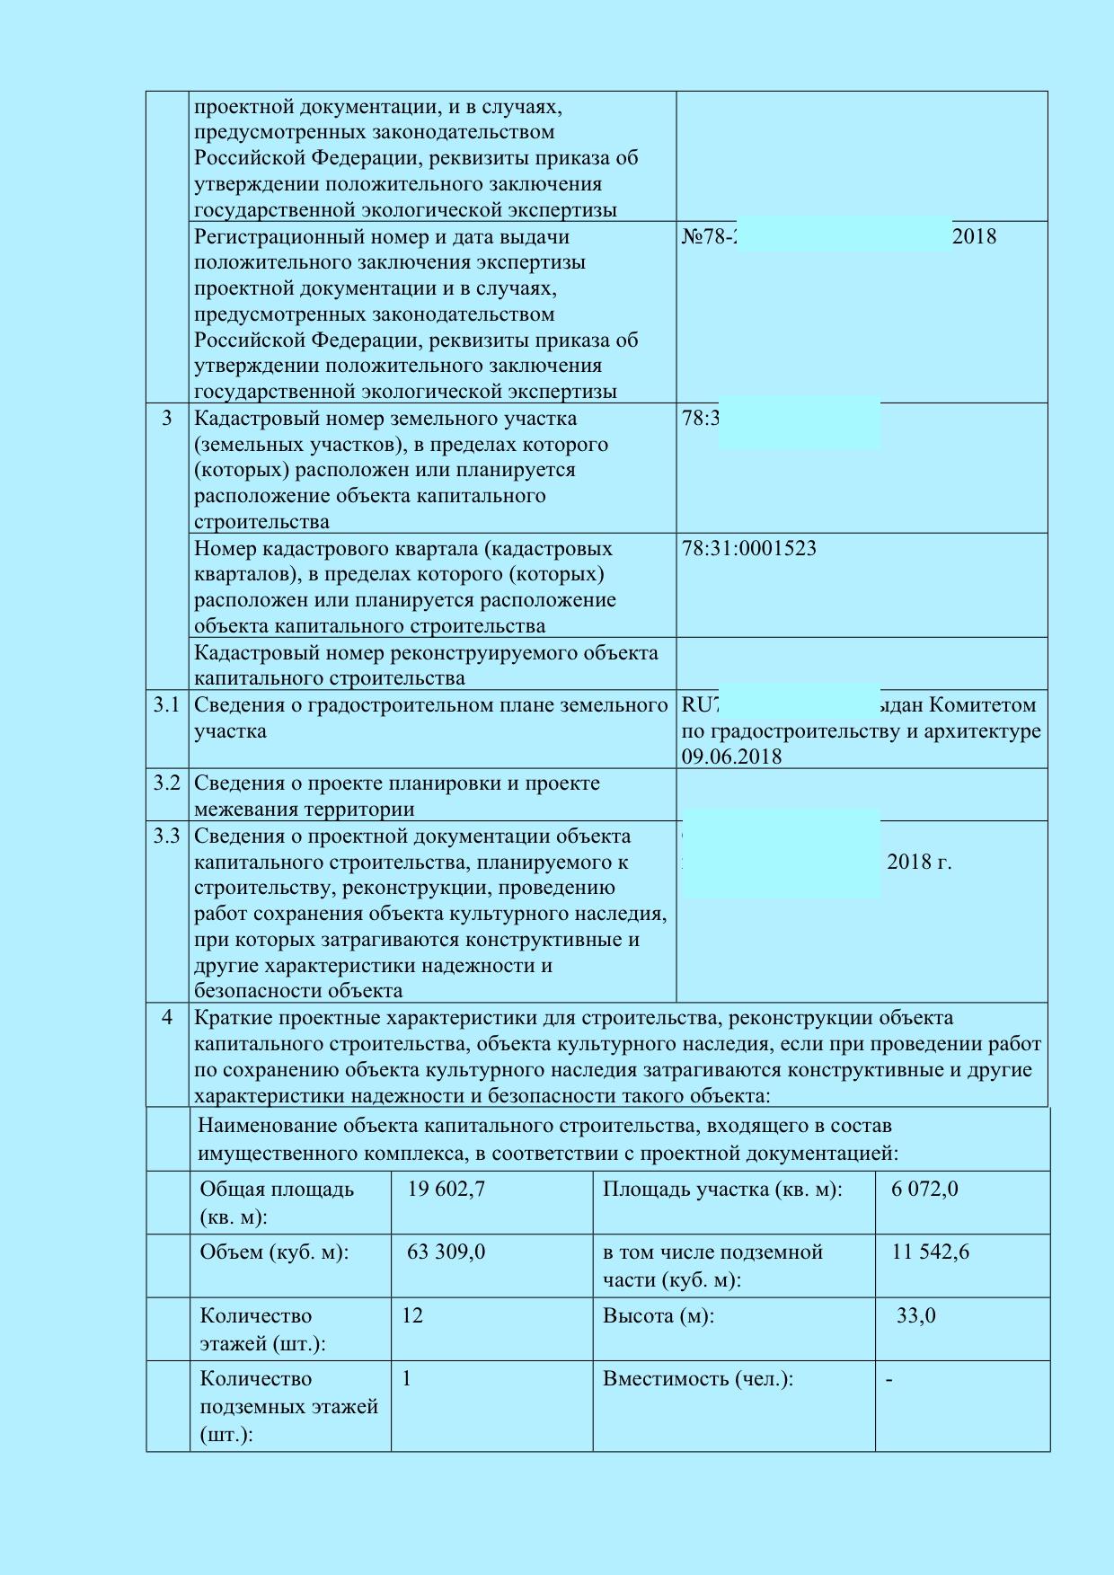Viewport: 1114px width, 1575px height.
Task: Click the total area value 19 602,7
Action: pos(446,1190)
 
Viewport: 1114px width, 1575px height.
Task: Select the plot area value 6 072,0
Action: pos(924,1190)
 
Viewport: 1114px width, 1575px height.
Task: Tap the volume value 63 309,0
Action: pos(446,1252)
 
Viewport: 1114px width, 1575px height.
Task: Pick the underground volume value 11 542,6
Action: pos(930,1252)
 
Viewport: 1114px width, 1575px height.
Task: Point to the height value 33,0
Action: pos(915,1316)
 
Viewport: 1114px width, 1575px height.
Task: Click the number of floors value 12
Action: pos(411,1316)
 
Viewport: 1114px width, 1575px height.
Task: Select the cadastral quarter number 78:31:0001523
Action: pos(748,549)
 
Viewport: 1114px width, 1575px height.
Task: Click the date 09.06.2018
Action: pos(731,757)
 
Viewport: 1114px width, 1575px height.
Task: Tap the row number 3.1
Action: pos(166,705)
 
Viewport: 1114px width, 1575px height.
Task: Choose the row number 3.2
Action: pos(166,783)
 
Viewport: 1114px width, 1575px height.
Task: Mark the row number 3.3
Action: pos(166,836)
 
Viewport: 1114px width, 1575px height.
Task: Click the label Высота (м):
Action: pos(659,1316)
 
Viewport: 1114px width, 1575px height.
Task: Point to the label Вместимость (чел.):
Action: pos(698,1379)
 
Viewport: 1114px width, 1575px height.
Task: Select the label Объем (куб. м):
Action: pos(274,1252)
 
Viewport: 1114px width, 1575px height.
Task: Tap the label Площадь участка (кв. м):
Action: pos(722,1190)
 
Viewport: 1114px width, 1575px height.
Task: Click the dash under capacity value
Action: pos(889,1379)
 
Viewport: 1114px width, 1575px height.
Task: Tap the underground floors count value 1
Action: pos(406,1379)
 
